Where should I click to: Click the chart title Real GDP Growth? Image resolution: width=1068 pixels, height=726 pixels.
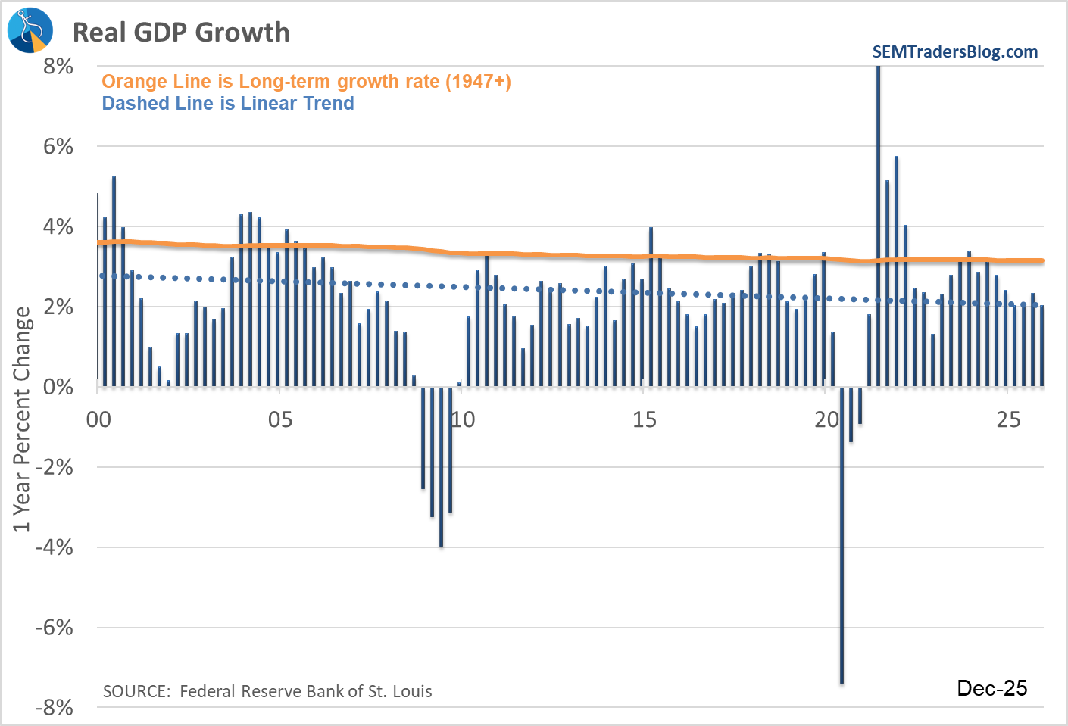pos(181,33)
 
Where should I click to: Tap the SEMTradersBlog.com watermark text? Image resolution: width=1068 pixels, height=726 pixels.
pos(954,51)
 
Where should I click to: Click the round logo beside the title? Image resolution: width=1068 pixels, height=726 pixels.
pos(30,30)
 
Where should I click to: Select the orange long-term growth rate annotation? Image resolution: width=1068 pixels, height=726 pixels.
pos(306,81)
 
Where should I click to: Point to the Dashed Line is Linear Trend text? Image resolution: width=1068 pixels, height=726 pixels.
pos(228,103)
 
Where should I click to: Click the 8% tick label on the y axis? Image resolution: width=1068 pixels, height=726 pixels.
pos(58,66)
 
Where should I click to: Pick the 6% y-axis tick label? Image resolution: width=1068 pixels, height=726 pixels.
pos(58,146)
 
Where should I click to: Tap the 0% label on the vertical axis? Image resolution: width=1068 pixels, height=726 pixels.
pos(58,387)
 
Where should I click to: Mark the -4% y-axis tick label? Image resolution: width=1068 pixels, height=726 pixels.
pos(55,547)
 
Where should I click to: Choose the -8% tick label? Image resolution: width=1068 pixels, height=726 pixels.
pos(55,707)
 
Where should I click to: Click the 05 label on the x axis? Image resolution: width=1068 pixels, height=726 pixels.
pos(280,419)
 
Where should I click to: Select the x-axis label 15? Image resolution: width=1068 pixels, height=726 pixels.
pos(644,419)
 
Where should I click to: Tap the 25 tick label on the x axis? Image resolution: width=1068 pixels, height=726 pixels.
pos(1008,419)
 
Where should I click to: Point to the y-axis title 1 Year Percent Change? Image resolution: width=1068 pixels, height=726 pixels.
pos(22,419)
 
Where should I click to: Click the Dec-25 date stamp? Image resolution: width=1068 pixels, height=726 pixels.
pos(992,687)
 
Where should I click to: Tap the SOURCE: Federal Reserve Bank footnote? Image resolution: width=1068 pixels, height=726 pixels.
pos(267,691)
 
